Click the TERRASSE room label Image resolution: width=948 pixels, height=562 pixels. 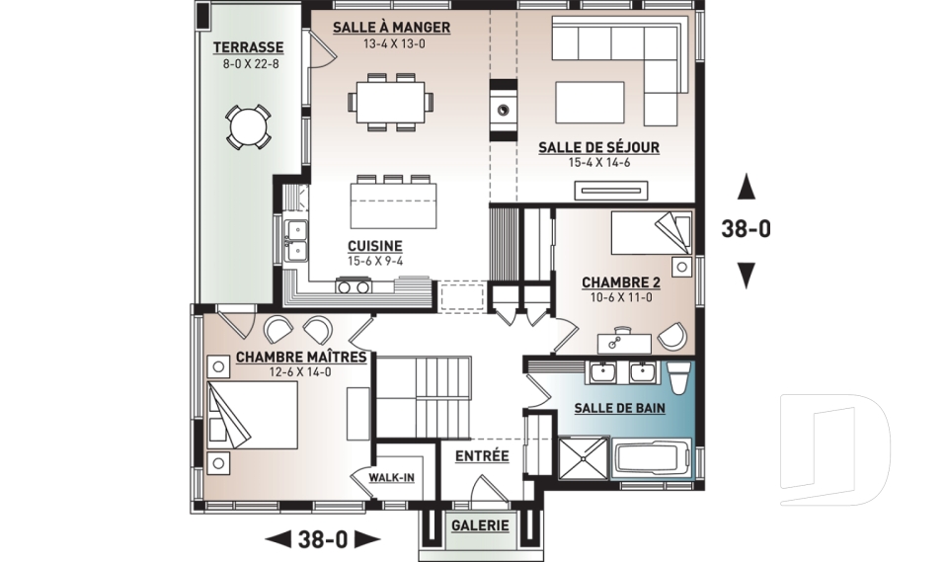248,47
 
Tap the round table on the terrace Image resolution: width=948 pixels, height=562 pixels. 248,127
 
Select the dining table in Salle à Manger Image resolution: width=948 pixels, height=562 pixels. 391,102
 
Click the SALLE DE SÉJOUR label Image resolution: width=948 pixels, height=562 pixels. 598,147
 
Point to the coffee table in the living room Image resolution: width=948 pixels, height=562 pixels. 591,103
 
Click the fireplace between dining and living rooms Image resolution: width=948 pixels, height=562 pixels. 503,110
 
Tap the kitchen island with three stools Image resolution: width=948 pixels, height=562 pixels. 394,203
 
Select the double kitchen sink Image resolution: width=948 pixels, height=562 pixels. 295,240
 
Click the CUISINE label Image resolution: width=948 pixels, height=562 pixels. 375,246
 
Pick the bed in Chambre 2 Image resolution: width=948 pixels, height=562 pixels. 651,233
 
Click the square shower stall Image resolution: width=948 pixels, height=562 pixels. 583,458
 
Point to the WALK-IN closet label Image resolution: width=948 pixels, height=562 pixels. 392,478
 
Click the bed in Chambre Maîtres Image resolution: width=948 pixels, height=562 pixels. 254,415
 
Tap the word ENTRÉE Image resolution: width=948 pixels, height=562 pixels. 482,456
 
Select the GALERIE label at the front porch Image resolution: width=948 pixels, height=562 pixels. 480,525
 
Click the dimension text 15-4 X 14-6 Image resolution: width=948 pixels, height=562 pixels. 598,162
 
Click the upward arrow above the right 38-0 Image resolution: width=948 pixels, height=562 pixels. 747,187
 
